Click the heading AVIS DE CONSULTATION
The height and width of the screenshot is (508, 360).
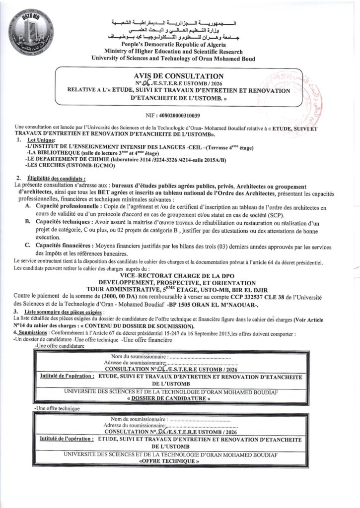pos(180,75)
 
